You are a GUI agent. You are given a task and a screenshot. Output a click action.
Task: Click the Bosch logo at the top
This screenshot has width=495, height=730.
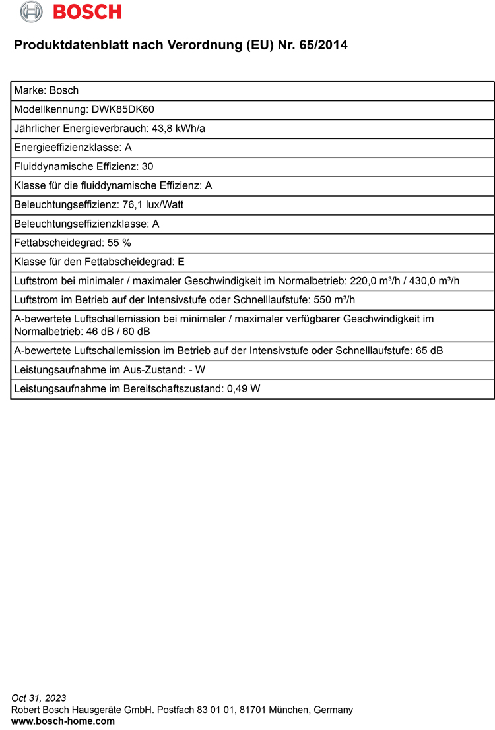click(x=71, y=12)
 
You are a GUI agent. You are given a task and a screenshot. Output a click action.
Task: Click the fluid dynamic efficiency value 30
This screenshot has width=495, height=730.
click(x=148, y=167)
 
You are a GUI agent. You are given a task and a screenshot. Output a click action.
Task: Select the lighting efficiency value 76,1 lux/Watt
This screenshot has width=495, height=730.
click(x=153, y=205)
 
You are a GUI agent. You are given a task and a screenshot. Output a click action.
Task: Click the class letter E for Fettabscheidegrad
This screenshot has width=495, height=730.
click(x=181, y=262)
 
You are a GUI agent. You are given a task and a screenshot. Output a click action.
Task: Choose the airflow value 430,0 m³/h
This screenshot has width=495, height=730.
click(x=434, y=281)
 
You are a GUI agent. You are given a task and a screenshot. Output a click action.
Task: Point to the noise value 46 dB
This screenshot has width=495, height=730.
click(x=100, y=331)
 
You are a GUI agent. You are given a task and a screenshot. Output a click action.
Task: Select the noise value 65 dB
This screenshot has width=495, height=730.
click(x=429, y=351)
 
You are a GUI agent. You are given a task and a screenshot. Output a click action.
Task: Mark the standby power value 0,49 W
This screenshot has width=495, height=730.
click(x=244, y=389)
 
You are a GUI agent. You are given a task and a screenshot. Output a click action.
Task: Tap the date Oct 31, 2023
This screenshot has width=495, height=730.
click(x=39, y=698)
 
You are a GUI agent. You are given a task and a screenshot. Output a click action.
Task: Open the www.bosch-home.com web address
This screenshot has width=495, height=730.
click(x=63, y=721)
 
